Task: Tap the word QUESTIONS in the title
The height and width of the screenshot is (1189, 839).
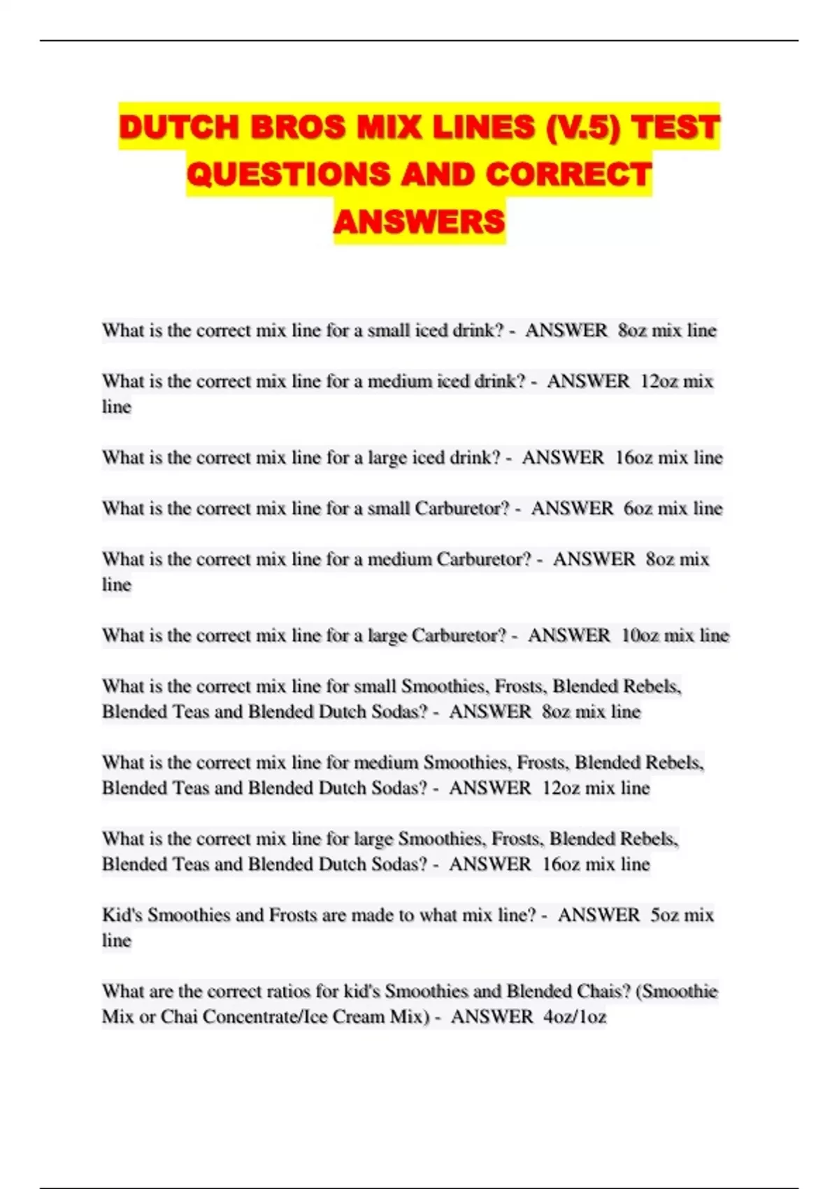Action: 288,175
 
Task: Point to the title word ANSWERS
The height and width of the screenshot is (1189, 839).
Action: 419,222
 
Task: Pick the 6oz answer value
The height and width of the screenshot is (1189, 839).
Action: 638,508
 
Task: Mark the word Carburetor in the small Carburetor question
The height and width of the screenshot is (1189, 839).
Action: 462,508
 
